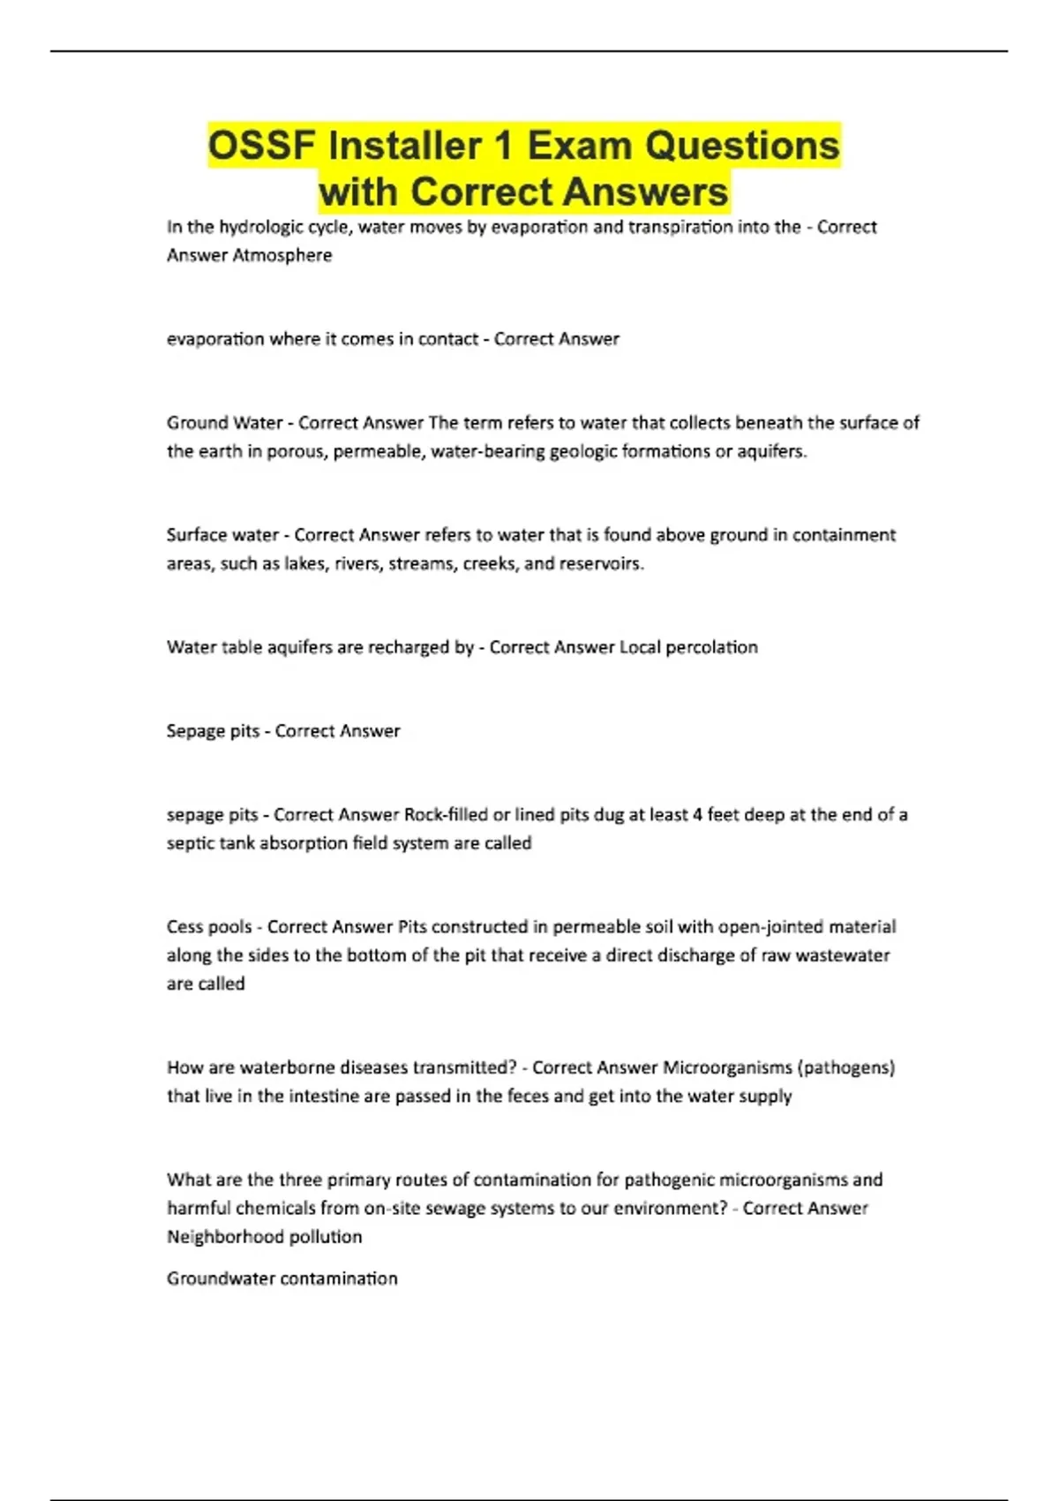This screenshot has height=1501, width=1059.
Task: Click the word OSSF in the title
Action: pyautogui.click(x=262, y=146)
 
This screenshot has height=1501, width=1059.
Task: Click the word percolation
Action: pyautogui.click(x=711, y=647)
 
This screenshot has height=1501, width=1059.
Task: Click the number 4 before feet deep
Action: pyautogui.click(x=697, y=815)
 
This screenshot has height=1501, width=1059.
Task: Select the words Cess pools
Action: pyautogui.click(x=209, y=927)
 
